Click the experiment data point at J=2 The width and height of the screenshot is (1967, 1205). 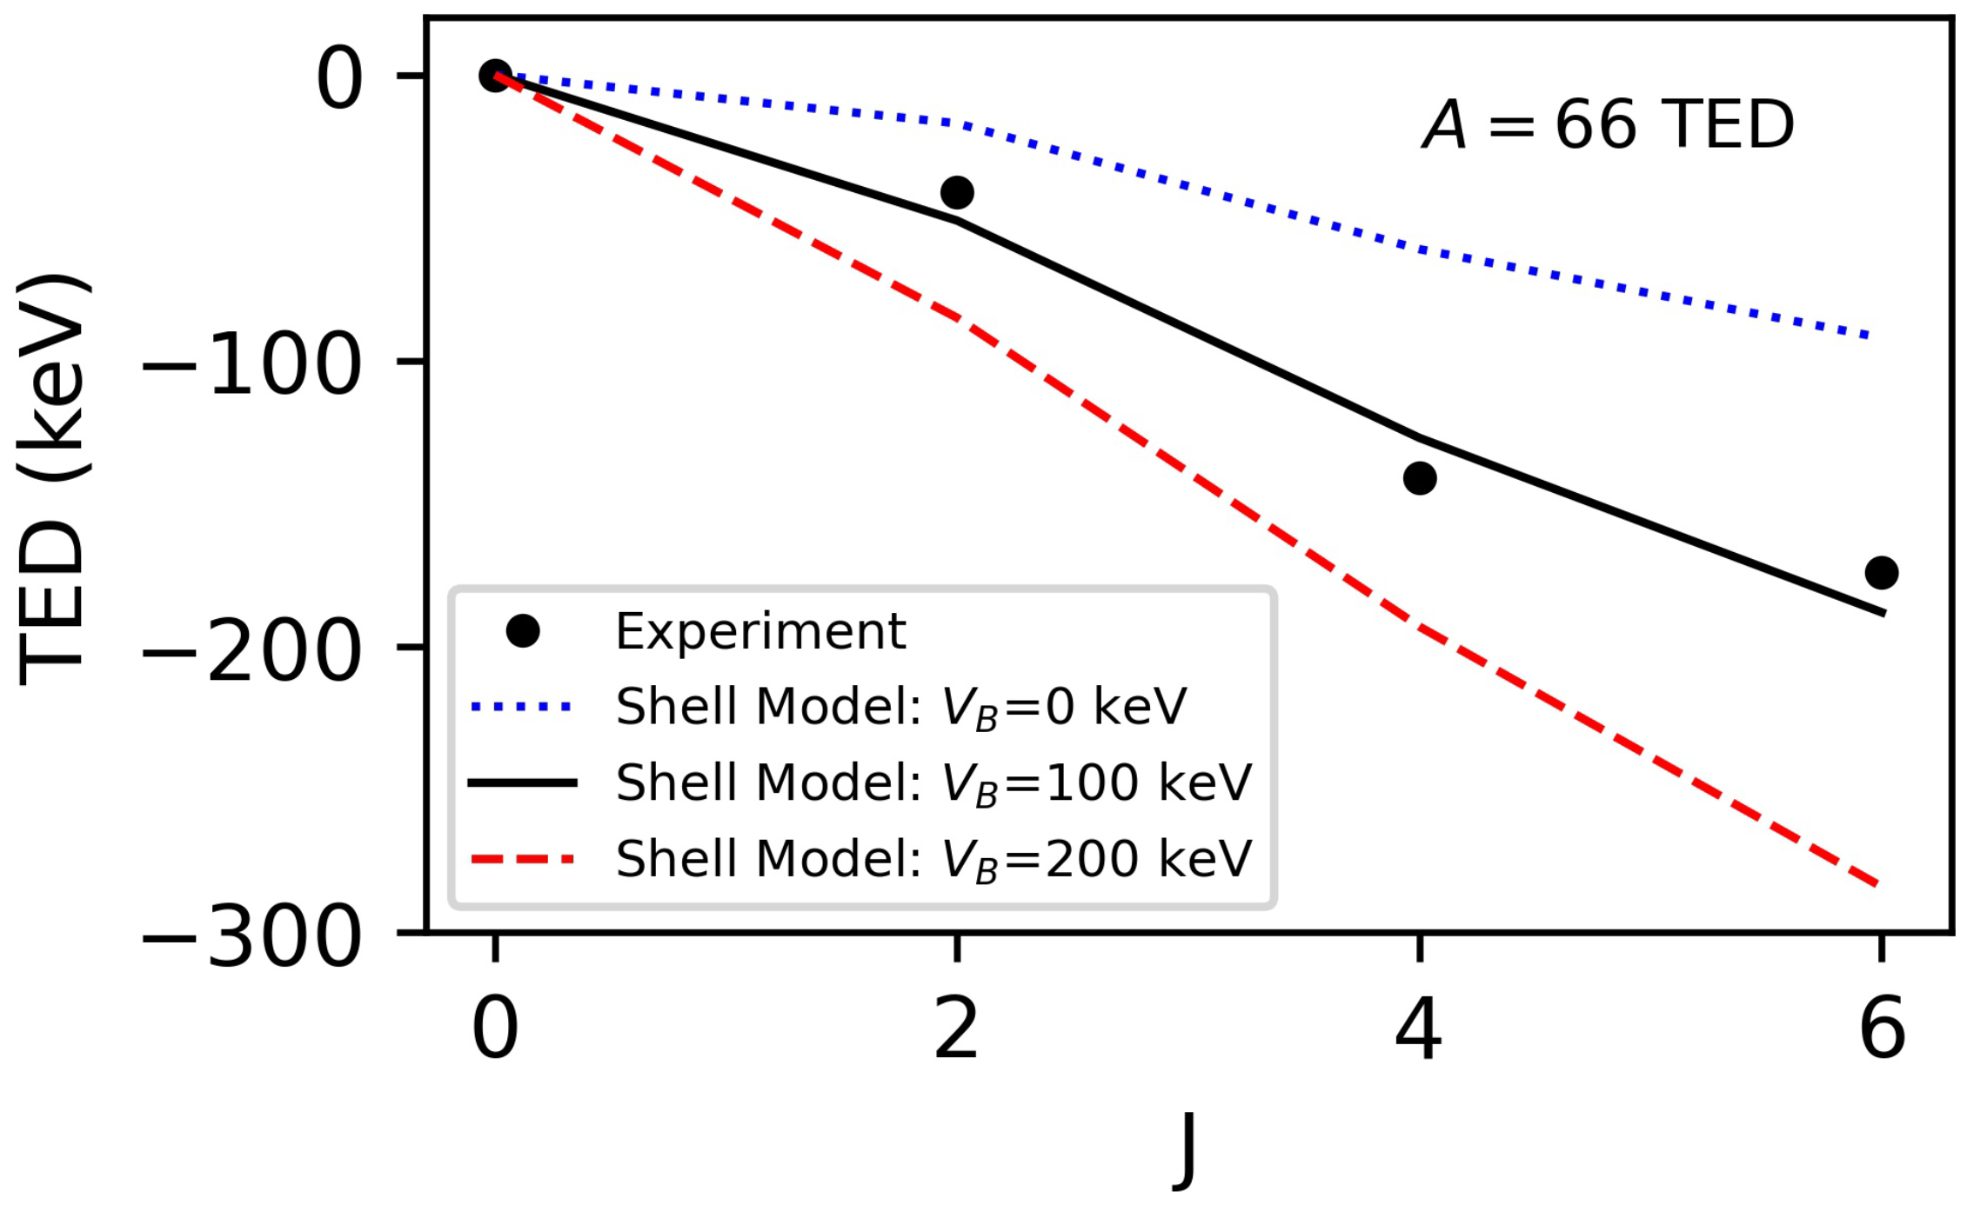point(957,192)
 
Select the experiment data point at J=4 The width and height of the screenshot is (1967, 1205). point(1420,477)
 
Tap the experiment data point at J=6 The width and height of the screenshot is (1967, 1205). point(1882,572)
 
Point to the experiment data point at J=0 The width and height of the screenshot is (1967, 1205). point(495,76)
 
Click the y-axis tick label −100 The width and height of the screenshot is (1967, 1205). point(251,364)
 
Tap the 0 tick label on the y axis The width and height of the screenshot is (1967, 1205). point(339,79)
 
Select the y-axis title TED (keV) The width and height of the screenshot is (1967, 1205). point(52,479)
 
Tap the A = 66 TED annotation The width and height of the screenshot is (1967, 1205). point(1608,125)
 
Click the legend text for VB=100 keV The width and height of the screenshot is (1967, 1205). point(933,782)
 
